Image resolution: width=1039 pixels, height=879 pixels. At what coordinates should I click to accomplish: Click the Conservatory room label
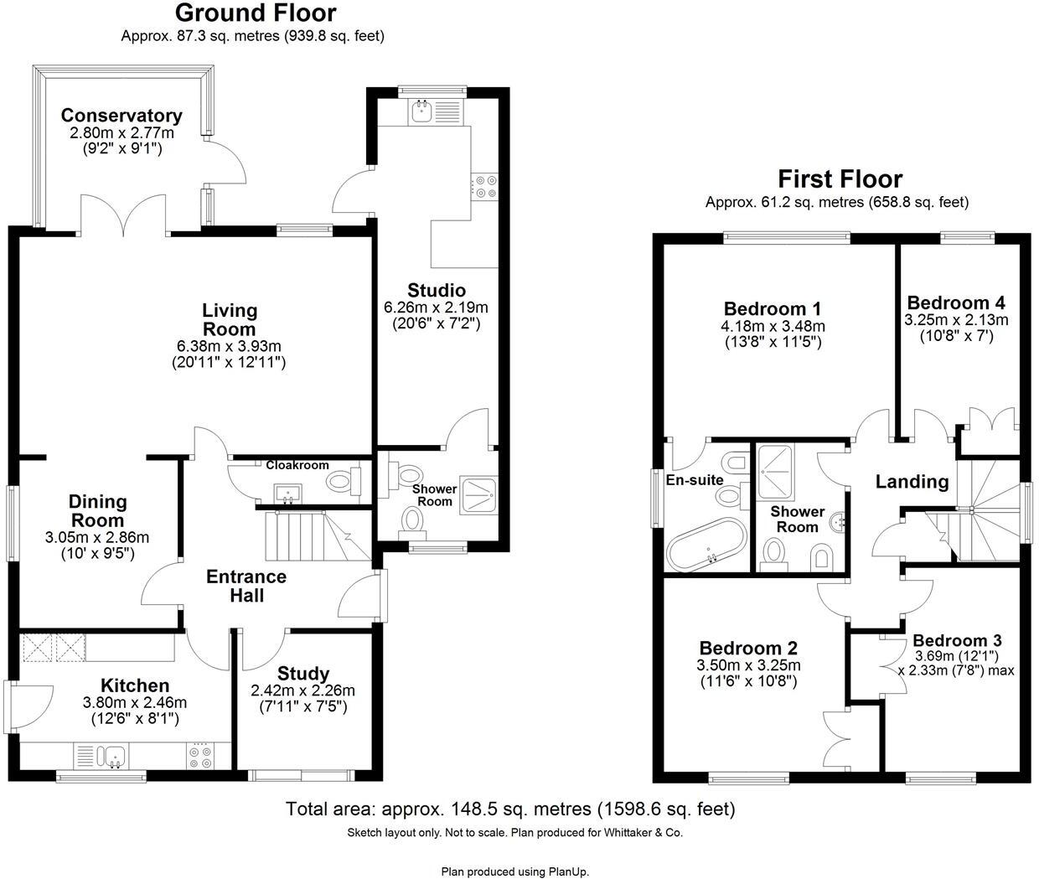[121, 116]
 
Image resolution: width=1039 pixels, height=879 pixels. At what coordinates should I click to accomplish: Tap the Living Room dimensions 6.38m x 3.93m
[229, 346]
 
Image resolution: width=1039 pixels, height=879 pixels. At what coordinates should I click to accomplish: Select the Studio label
[436, 291]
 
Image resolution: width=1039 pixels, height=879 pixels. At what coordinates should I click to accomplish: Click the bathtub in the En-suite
[706, 545]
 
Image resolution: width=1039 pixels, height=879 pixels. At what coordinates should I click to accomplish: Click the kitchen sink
[111, 757]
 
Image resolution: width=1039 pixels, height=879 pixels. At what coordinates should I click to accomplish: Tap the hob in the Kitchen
[199, 757]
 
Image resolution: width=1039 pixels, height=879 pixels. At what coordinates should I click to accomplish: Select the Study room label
[302, 674]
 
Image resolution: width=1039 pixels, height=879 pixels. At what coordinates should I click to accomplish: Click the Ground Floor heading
[256, 13]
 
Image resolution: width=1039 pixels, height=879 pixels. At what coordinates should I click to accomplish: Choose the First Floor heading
[840, 179]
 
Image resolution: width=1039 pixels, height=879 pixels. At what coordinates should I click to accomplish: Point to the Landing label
[912, 482]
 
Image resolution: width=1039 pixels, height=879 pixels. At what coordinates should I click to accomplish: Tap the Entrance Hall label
[246, 586]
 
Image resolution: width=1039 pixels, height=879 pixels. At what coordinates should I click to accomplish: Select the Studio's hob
[484, 186]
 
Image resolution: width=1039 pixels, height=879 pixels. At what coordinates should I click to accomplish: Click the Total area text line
[510, 809]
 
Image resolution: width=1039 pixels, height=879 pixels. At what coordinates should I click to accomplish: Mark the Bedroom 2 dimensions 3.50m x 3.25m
[748, 665]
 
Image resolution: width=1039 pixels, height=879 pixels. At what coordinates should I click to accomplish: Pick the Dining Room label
[97, 511]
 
